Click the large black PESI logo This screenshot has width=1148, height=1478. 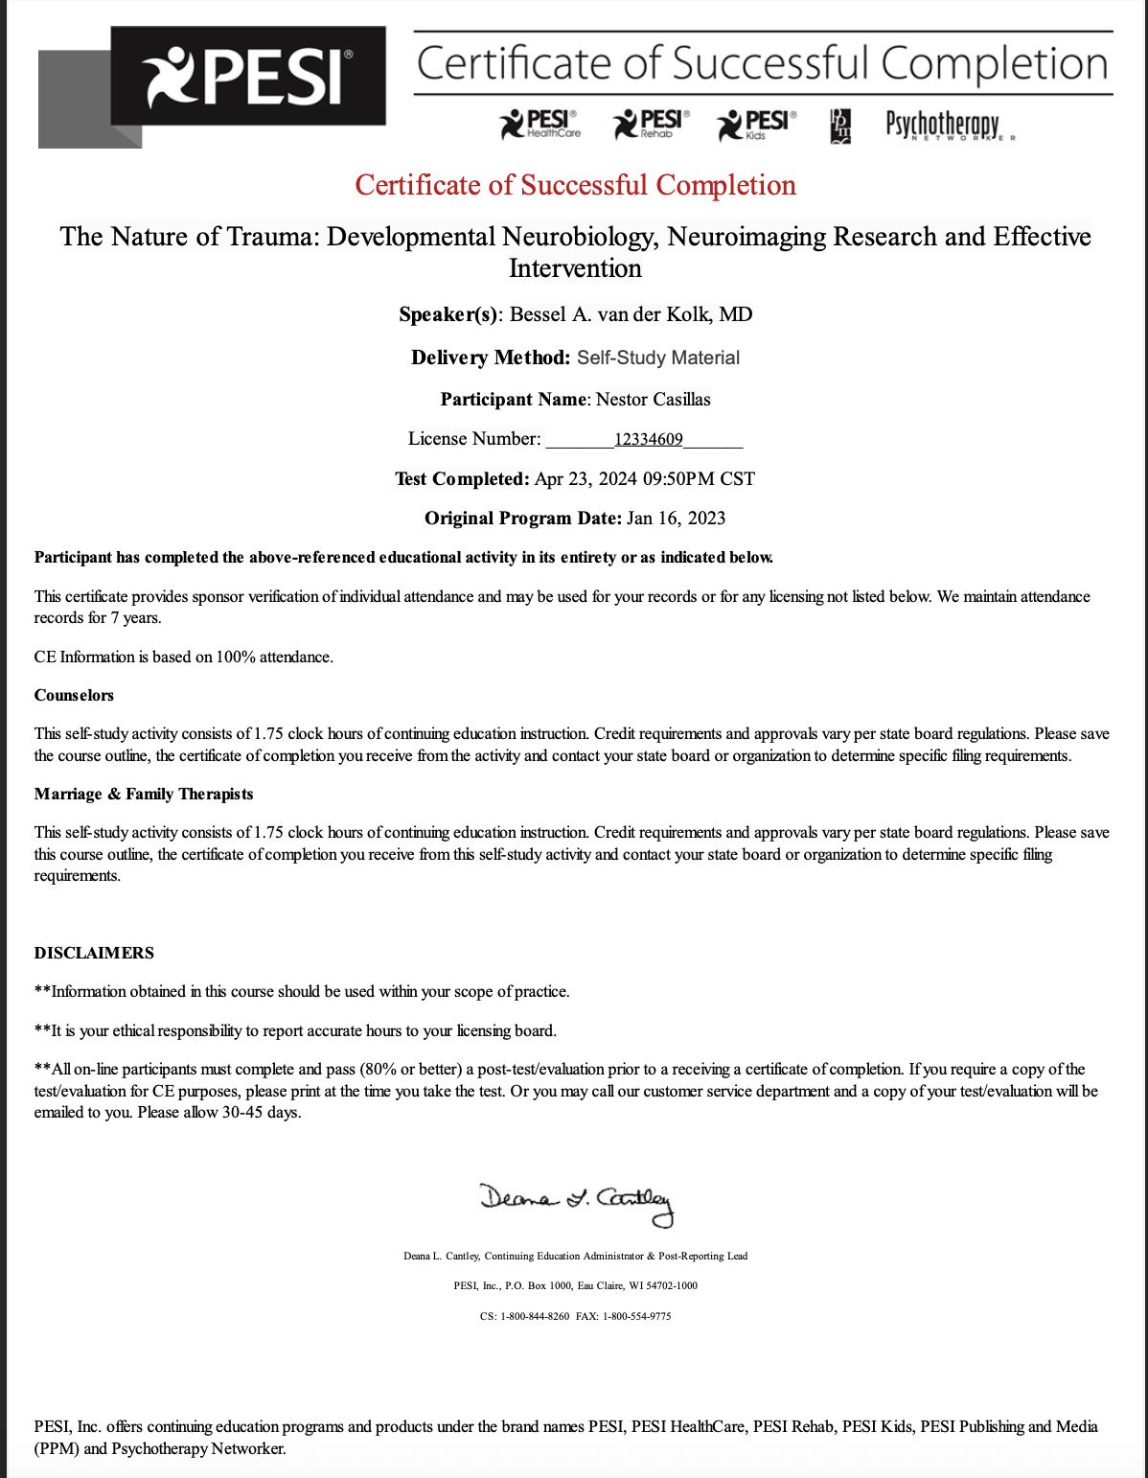click(247, 77)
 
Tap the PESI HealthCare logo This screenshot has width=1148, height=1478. click(540, 124)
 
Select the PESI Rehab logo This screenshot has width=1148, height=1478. click(652, 124)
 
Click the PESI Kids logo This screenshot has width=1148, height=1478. click(757, 124)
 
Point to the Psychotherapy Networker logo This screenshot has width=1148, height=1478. click(944, 126)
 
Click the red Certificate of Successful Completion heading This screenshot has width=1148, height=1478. click(575, 185)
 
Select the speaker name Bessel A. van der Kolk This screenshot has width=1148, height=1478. click(631, 314)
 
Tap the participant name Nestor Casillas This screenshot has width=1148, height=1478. click(653, 400)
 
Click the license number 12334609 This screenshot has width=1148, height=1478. click(649, 440)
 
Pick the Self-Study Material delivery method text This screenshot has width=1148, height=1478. click(658, 358)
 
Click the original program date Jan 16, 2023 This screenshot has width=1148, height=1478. click(676, 519)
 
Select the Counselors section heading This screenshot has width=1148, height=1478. click(74, 695)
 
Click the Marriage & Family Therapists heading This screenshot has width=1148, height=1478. click(144, 794)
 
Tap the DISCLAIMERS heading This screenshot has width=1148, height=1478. click(94, 953)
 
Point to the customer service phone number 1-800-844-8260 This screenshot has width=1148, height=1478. click(535, 1316)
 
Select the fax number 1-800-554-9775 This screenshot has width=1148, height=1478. click(636, 1316)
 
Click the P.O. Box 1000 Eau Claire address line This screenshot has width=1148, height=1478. click(575, 1285)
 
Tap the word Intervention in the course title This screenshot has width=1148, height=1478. click(575, 268)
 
